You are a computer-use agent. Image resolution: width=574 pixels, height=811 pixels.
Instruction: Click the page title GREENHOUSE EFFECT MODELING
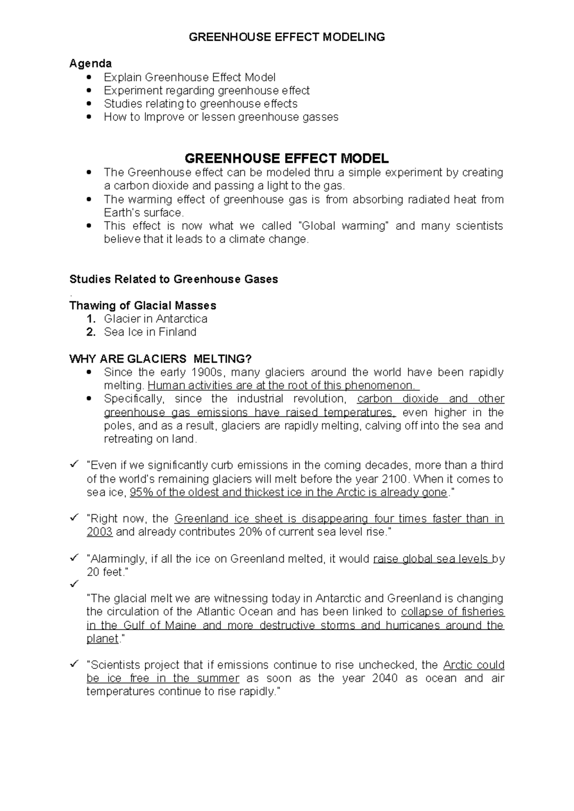click(287, 37)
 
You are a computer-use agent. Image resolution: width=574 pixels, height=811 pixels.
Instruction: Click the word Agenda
click(90, 64)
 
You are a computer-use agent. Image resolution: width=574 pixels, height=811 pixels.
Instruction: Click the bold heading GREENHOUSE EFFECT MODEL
click(287, 158)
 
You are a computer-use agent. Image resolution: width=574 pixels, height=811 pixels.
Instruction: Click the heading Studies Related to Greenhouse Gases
click(174, 279)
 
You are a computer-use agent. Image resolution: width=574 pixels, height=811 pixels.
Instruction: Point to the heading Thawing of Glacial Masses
click(143, 306)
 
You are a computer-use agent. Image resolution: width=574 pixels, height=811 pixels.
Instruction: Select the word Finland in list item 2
click(177, 332)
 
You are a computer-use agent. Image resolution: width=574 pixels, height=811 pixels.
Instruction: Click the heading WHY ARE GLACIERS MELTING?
click(160, 359)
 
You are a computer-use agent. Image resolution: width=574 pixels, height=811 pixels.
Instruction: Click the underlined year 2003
click(99, 532)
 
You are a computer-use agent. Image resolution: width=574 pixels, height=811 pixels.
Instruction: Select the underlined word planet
click(102, 639)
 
